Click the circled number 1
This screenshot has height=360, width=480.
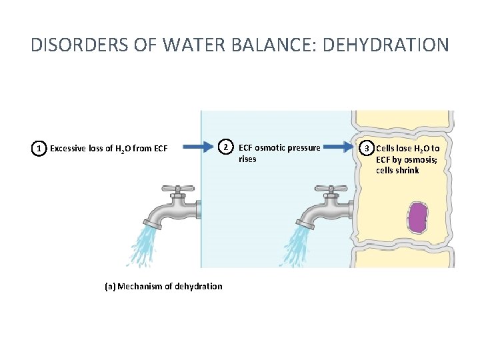click(x=40, y=148)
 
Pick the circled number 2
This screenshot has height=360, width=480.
click(x=226, y=147)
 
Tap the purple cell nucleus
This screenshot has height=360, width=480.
click(x=417, y=217)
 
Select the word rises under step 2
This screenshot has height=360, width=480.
click(x=247, y=159)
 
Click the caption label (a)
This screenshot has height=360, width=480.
click(x=110, y=286)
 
